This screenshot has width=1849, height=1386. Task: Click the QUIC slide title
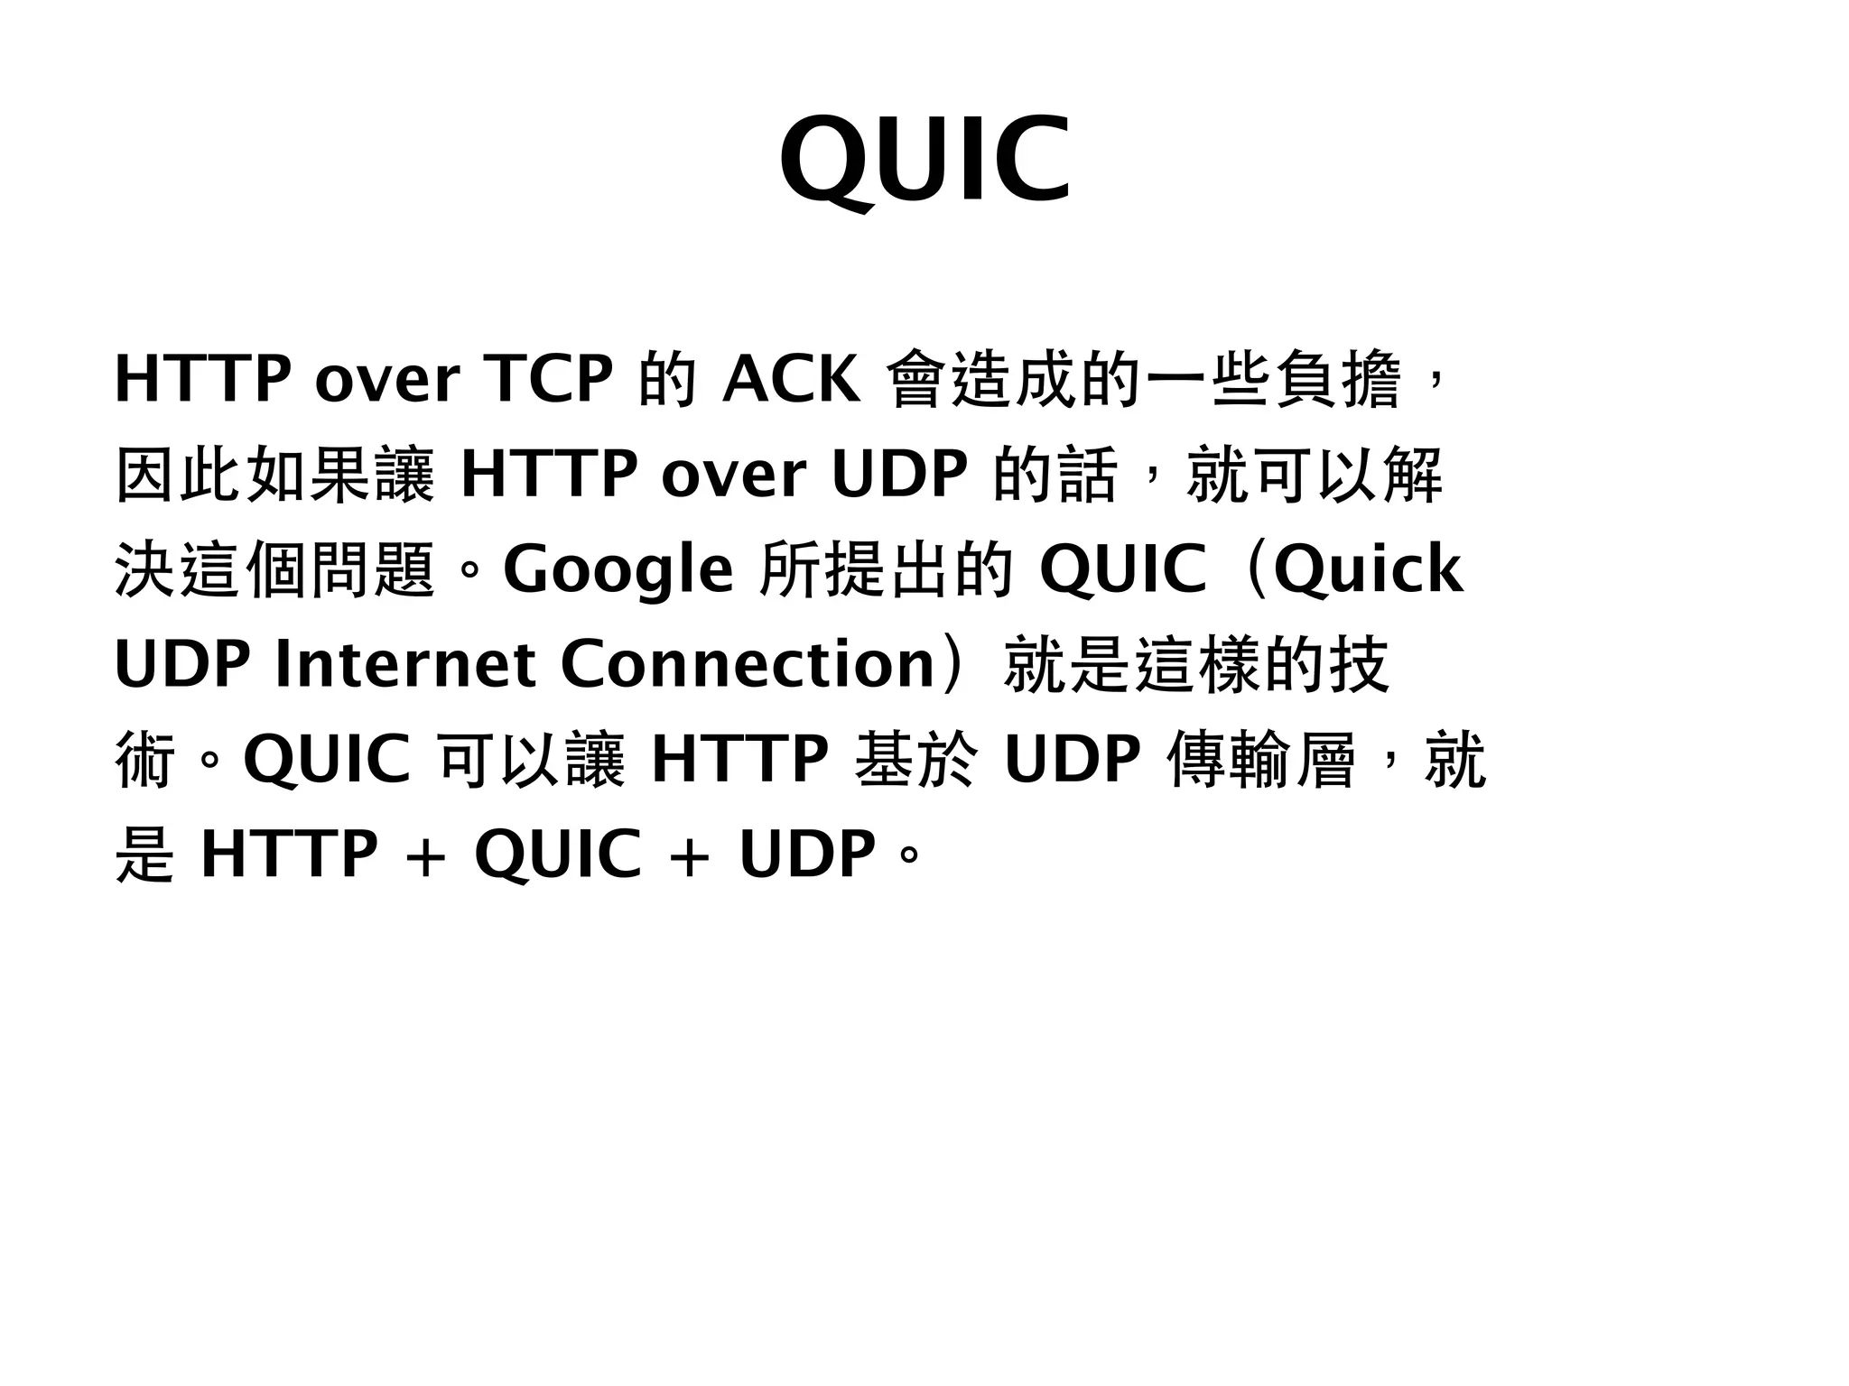[x=925, y=161]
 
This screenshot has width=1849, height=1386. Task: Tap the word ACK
[x=791, y=379]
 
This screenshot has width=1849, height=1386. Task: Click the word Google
[x=618, y=570]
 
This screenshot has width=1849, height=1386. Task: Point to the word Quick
[x=1368, y=570]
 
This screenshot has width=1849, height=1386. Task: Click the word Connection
[x=748, y=665]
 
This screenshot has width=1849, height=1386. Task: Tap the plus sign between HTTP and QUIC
[x=425, y=855]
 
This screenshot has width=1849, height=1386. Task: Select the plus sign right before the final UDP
[x=690, y=855]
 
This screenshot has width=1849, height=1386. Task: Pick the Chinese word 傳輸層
[x=1261, y=760]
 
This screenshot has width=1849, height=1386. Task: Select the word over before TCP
[x=387, y=379]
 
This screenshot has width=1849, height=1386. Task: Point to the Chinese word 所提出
[x=857, y=570]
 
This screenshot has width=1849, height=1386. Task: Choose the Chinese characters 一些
[x=1210, y=379]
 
